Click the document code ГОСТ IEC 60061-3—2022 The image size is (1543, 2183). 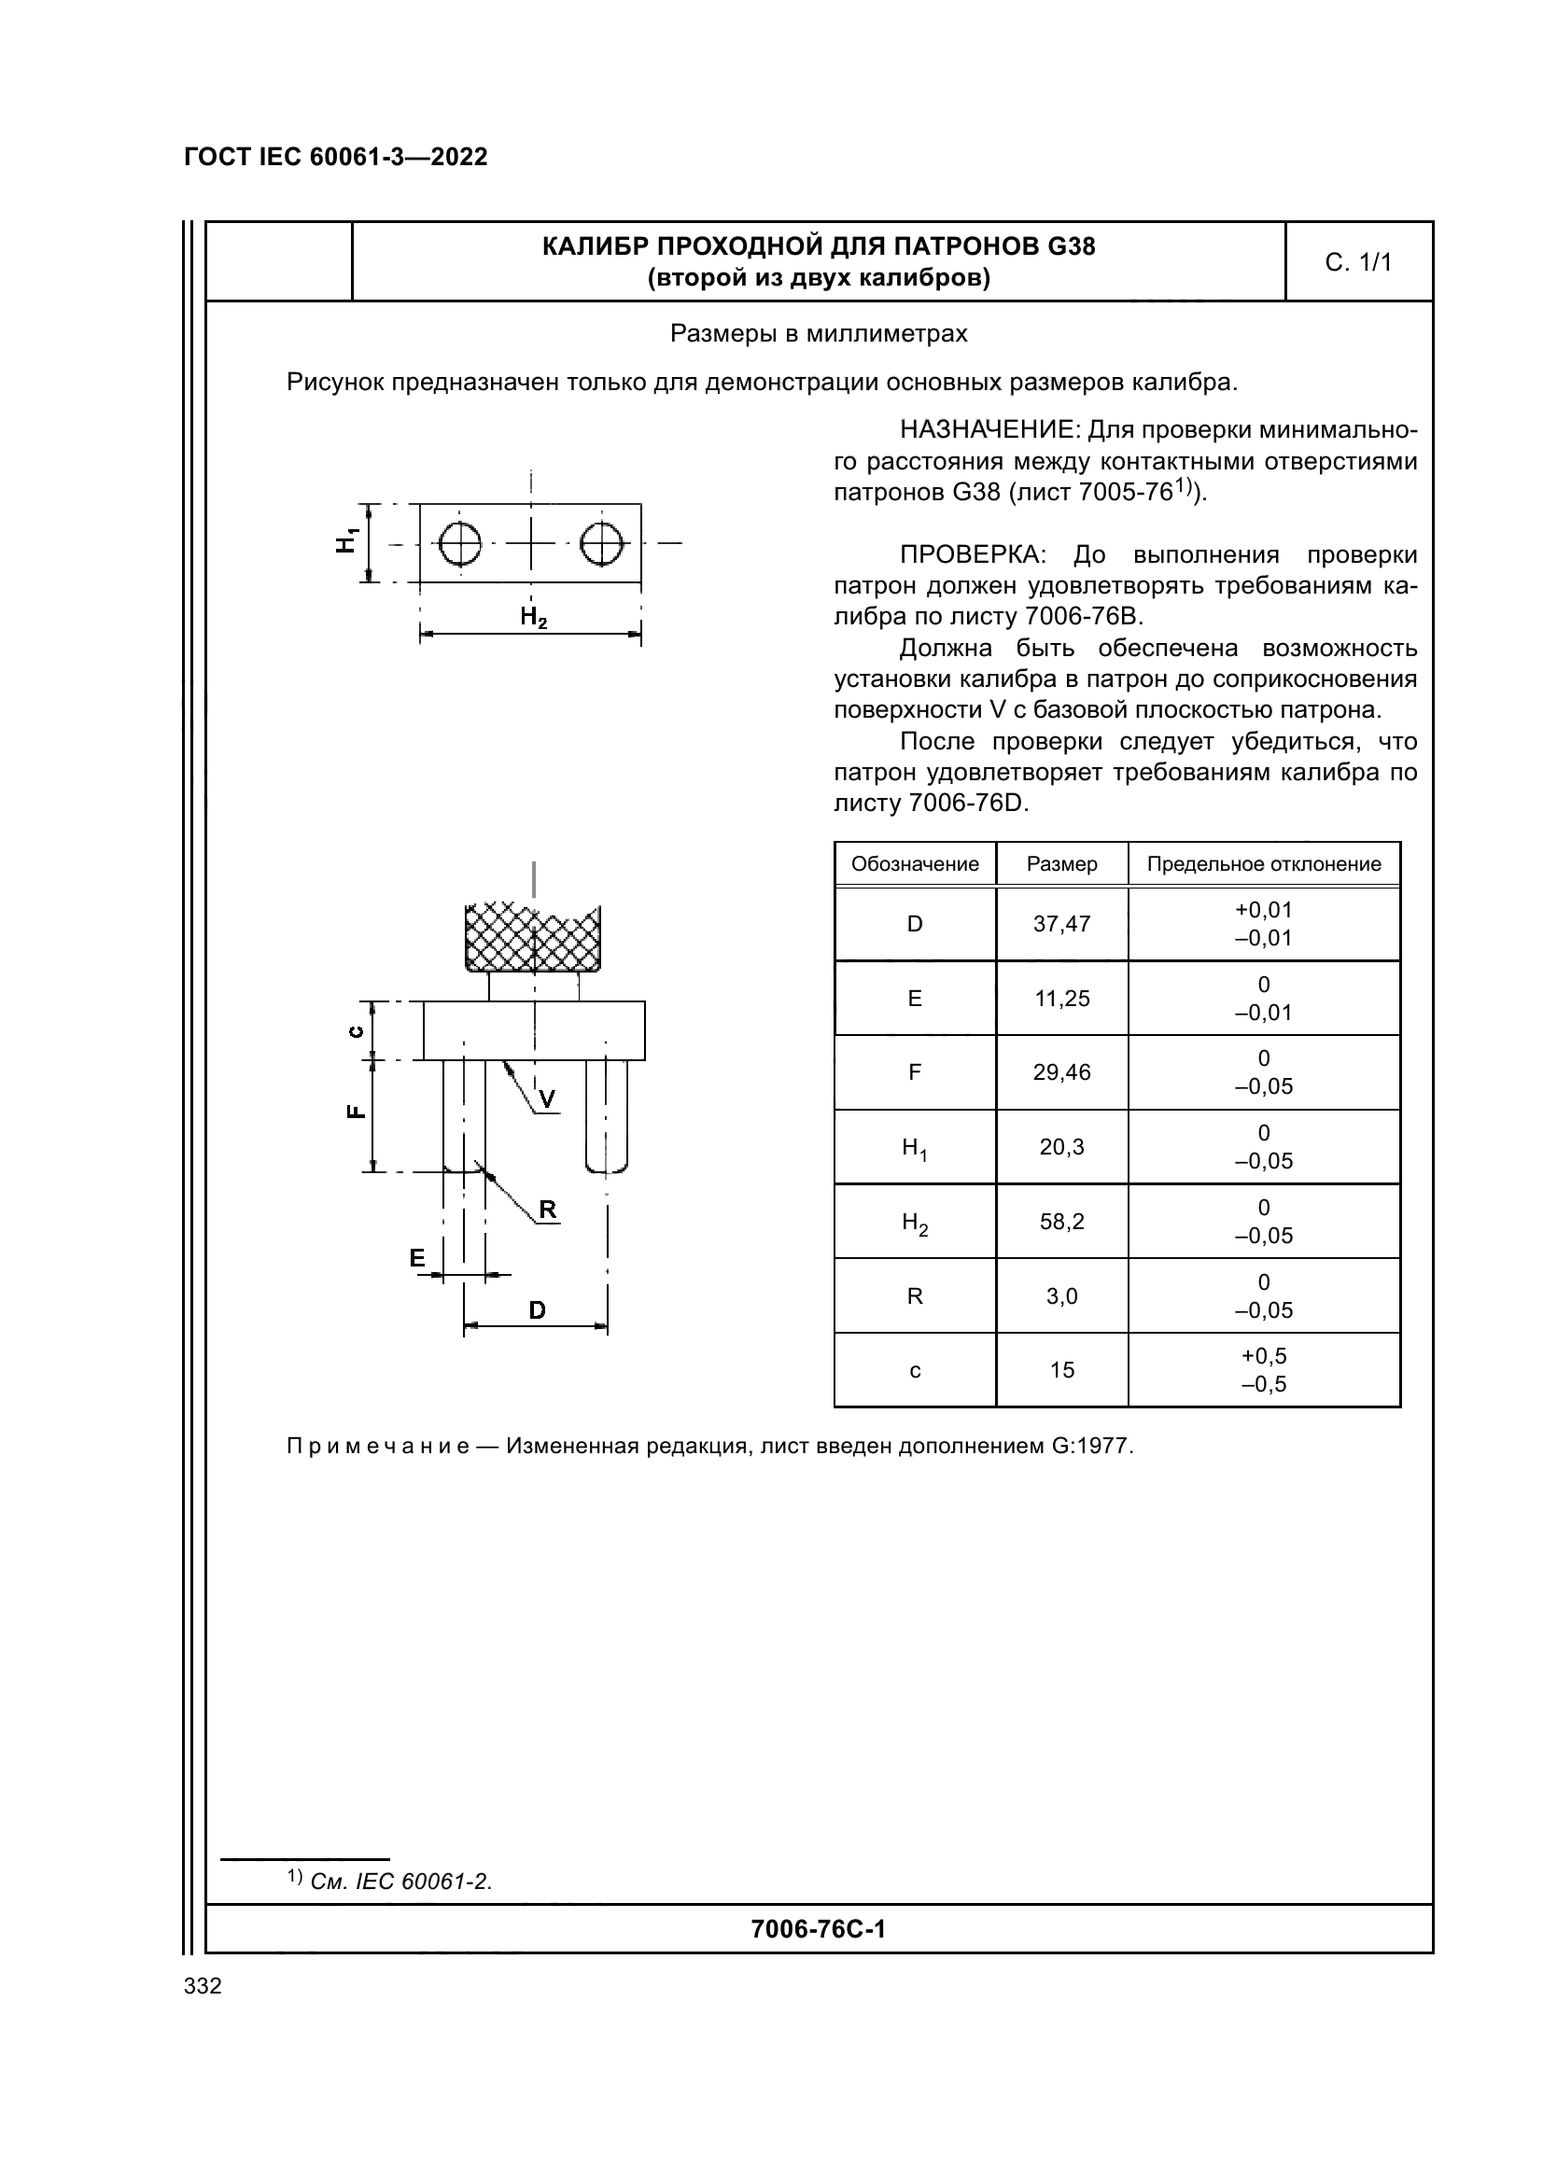[x=336, y=157]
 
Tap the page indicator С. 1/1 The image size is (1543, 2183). [x=1357, y=262]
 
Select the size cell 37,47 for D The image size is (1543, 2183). [x=1061, y=924]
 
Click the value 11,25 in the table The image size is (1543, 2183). [x=1061, y=999]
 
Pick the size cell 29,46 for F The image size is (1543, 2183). [x=1061, y=1072]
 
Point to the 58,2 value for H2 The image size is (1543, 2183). [x=1061, y=1222]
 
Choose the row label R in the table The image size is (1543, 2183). [x=915, y=1296]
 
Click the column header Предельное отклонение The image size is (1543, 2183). [x=1264, y=864]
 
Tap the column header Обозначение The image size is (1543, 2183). [x=915, y=864]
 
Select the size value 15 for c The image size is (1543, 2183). [x=1061, y=1370]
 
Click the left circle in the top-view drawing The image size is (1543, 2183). [x=460, y=544]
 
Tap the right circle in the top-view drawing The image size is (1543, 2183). [x=602, y=544]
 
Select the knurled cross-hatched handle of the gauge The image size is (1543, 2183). [x=532, y=937]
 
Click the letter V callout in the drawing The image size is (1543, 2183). [x=548, y=1100]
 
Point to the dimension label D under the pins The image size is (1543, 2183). [x=537, y=1311]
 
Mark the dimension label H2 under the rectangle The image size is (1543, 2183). [x=533, y=618]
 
